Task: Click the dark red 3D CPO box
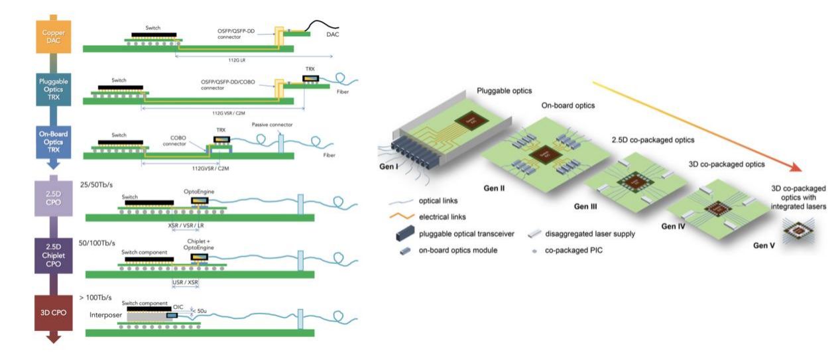coord(53,312)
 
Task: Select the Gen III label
coord(583,207)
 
